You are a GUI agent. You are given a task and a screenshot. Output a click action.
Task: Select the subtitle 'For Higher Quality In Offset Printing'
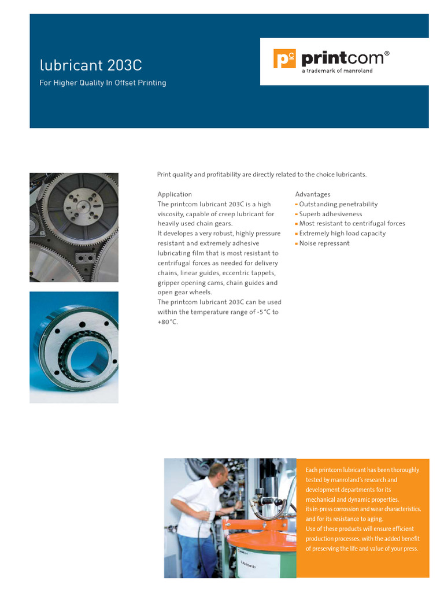pos(102,83)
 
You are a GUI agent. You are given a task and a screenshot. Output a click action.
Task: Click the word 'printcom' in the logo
pos(342,58)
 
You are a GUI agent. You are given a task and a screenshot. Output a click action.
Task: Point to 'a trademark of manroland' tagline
pos(338,71)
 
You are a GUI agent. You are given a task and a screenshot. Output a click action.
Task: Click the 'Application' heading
pos(175,194)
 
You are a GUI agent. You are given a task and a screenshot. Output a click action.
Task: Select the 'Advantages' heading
pos(313,194)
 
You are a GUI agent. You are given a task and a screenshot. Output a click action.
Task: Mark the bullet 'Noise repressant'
pos(324,243)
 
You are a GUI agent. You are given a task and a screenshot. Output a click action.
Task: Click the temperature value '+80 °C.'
pos(168,322)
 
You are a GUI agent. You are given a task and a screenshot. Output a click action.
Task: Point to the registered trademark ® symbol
pos(387,53)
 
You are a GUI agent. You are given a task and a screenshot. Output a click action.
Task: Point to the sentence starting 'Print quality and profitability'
pos(262,175)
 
